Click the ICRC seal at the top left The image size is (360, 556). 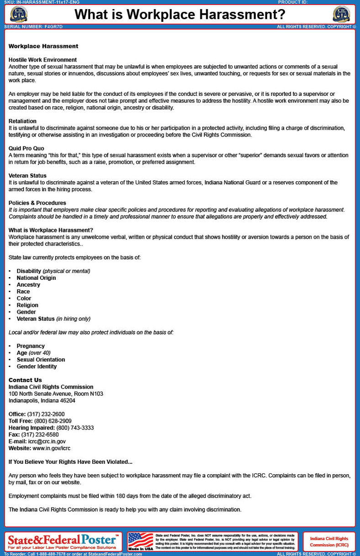(18, 14)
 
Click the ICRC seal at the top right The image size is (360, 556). (341, 14)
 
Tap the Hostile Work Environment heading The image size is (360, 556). (42, 60)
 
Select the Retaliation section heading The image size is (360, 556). (22, 121)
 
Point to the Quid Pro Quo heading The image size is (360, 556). (26, 148)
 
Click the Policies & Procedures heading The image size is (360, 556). (37, 203)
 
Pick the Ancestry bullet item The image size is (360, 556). (28, 285)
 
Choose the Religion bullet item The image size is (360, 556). (27, 305)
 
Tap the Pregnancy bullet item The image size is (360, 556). (31, 346)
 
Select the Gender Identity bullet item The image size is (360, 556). (37, 367)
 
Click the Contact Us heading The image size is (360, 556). (25, 380)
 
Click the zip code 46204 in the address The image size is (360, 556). (67, 401)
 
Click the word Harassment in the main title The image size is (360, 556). (232, 15)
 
